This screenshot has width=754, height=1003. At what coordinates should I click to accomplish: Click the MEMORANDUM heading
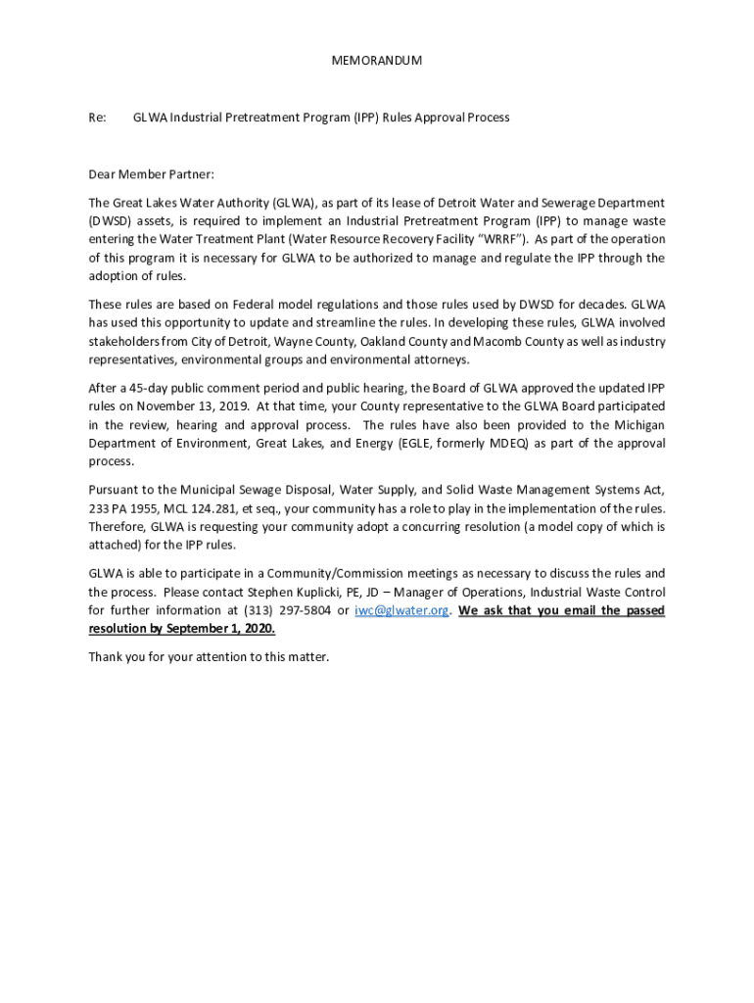point(377,61)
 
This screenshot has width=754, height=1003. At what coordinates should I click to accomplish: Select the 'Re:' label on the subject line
point(97,118)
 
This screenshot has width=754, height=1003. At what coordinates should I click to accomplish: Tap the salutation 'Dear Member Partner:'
point(151,174)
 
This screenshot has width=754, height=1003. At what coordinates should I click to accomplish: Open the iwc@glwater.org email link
point(401,610)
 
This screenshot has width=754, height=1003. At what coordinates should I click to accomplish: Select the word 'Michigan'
point(639,424)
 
